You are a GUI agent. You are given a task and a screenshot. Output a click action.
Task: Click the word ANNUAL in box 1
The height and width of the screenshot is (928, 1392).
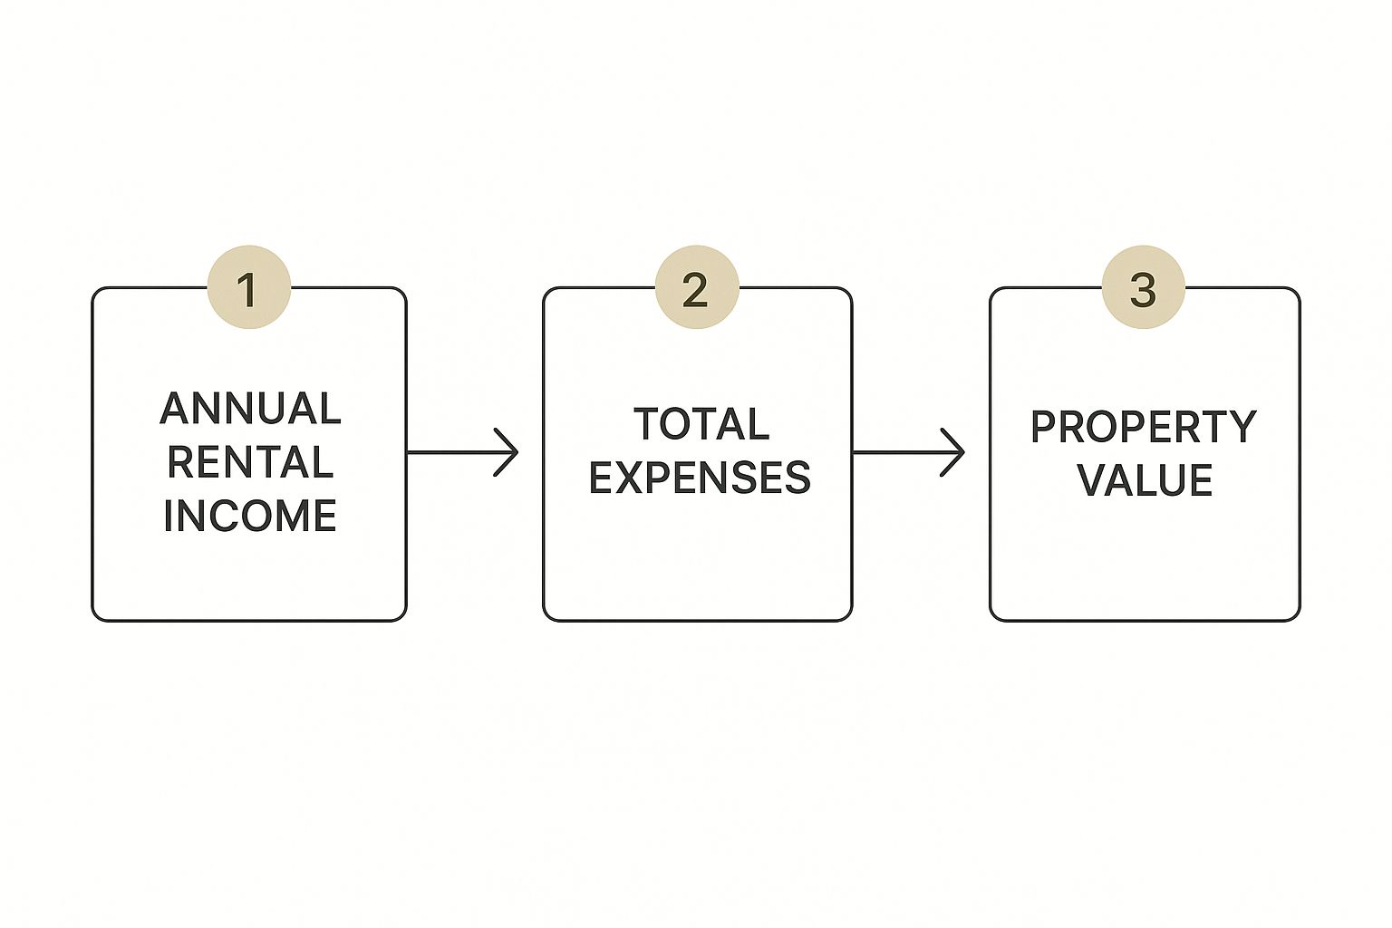point(250,409)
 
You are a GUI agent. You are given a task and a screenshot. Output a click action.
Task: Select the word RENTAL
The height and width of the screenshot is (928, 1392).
point(250,462)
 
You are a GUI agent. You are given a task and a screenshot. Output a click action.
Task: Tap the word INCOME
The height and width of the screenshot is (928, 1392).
point(250,516)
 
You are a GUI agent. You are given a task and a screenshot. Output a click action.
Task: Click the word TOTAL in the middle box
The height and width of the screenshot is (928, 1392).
point(701,424)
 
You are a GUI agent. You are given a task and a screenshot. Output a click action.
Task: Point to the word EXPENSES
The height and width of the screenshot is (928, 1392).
point(700,478)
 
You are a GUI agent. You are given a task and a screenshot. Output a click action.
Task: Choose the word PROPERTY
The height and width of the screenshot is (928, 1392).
point(1144,427)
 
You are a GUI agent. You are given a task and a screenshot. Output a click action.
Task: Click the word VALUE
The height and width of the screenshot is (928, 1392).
point(1145,479)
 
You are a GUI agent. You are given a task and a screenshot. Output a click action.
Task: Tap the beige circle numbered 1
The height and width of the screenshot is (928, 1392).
point(248,287)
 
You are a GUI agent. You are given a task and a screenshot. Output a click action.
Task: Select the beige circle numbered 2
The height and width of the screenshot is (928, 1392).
point(697,287)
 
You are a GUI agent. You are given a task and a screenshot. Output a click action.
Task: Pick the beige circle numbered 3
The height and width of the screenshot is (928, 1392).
point(1144,287)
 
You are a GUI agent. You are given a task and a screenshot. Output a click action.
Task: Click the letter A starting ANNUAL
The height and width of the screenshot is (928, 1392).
point(175,409)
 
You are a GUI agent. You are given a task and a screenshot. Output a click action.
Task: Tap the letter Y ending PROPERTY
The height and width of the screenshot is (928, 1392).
point(1242,427)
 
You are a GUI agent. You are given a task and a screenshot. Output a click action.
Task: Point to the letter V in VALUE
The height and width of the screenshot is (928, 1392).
point(1092,479)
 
